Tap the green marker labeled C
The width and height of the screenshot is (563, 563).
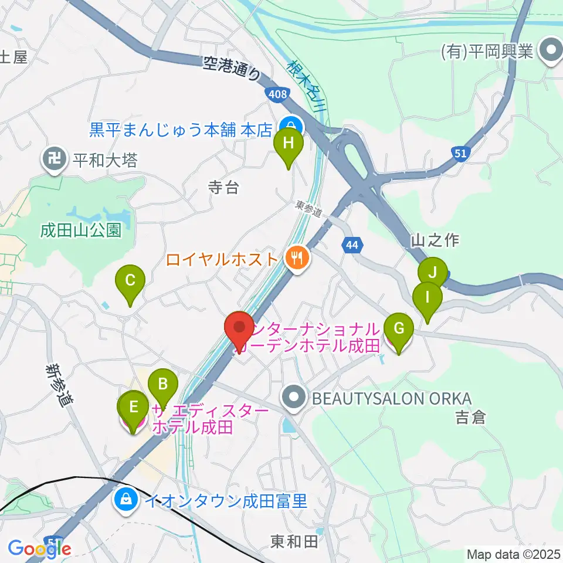[x=130, y=281]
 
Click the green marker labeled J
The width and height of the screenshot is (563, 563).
[x=433, y=273]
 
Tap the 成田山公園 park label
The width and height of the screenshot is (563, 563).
[x=80, y=230]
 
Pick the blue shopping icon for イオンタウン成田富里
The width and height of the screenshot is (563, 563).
[x=126, y=500]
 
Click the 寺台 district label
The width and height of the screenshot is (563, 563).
[x=224, y=188]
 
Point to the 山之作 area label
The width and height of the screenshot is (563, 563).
[x=435, y=239]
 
